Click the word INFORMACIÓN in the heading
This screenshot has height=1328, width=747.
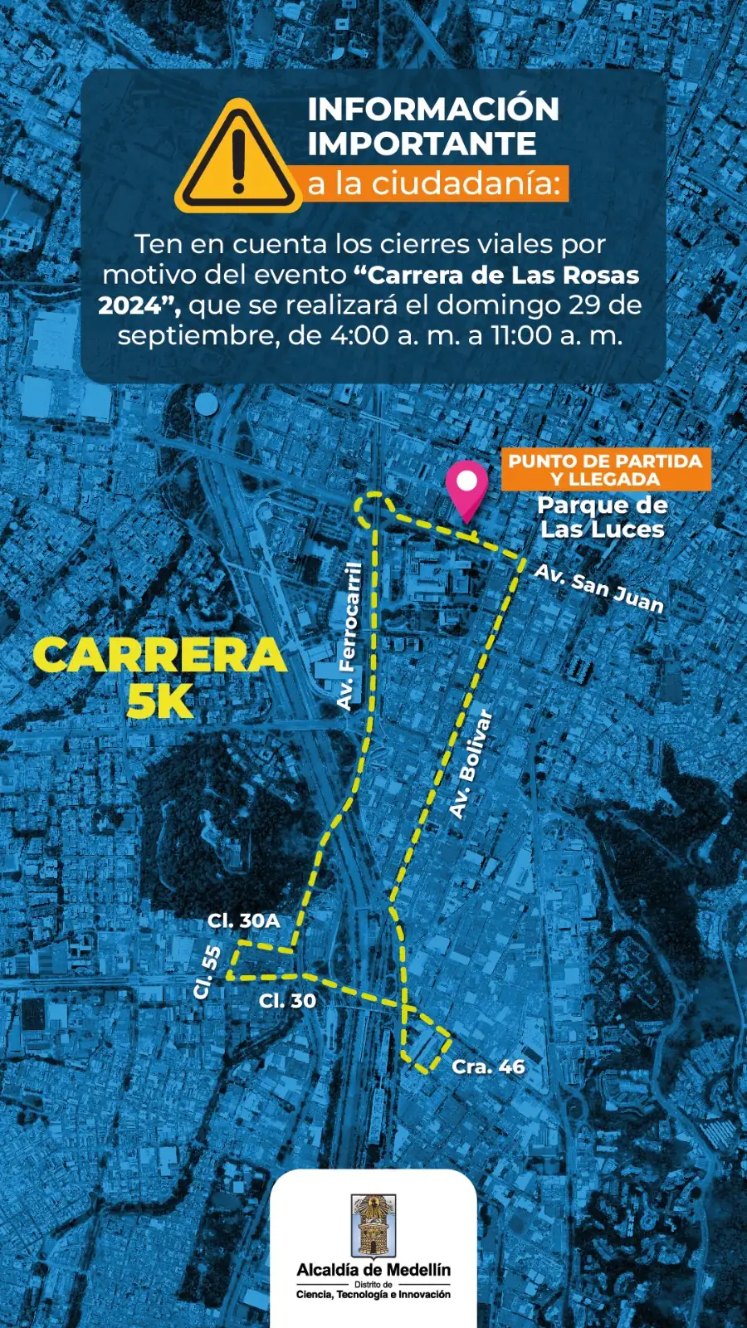pyautogui.click(x=433, y=110)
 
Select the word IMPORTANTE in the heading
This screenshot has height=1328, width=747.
pyautogui.click(x=422, y=144)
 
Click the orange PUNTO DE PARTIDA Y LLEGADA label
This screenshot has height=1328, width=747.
pyautogui.click(x=605, y=470)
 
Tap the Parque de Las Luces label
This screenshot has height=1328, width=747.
pyautogui.click(x=602, y=517)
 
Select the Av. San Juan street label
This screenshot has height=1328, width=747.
pyautogui.click(x=598, y=588)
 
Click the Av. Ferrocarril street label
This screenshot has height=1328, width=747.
pyautogui.click(x=349, y=636)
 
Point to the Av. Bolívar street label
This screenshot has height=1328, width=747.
pyautogui.click(x=471, y=764)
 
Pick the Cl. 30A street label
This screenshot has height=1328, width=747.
pyautogui.click(x=243, y=920)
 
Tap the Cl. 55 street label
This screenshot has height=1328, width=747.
pyautogui.click(x=207, y=972)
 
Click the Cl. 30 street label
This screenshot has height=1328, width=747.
pyautogui.click(x=287, y=1001)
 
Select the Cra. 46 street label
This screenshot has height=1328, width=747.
pyautogui.click(x=488, y=1067)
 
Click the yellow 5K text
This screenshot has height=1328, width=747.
pyautogui.click(x=160, y=701)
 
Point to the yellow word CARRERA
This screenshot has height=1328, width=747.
pyautogui.click(x=159, y=656)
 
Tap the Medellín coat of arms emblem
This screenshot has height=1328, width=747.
pyautogui.click(x=373, y=1226)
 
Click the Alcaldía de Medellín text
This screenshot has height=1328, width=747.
pyautogui.click(x=373, y=1270)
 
